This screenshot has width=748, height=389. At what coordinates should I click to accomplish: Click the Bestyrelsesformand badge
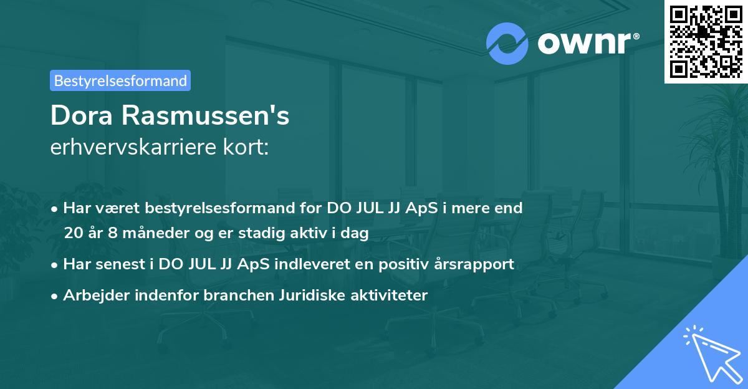click(120, 80)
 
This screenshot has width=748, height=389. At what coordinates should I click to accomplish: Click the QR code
click(706, 41)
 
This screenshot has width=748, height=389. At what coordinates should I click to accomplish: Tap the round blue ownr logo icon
click(507, 44)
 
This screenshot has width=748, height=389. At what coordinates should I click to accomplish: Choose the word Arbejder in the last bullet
click(92, 295)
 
